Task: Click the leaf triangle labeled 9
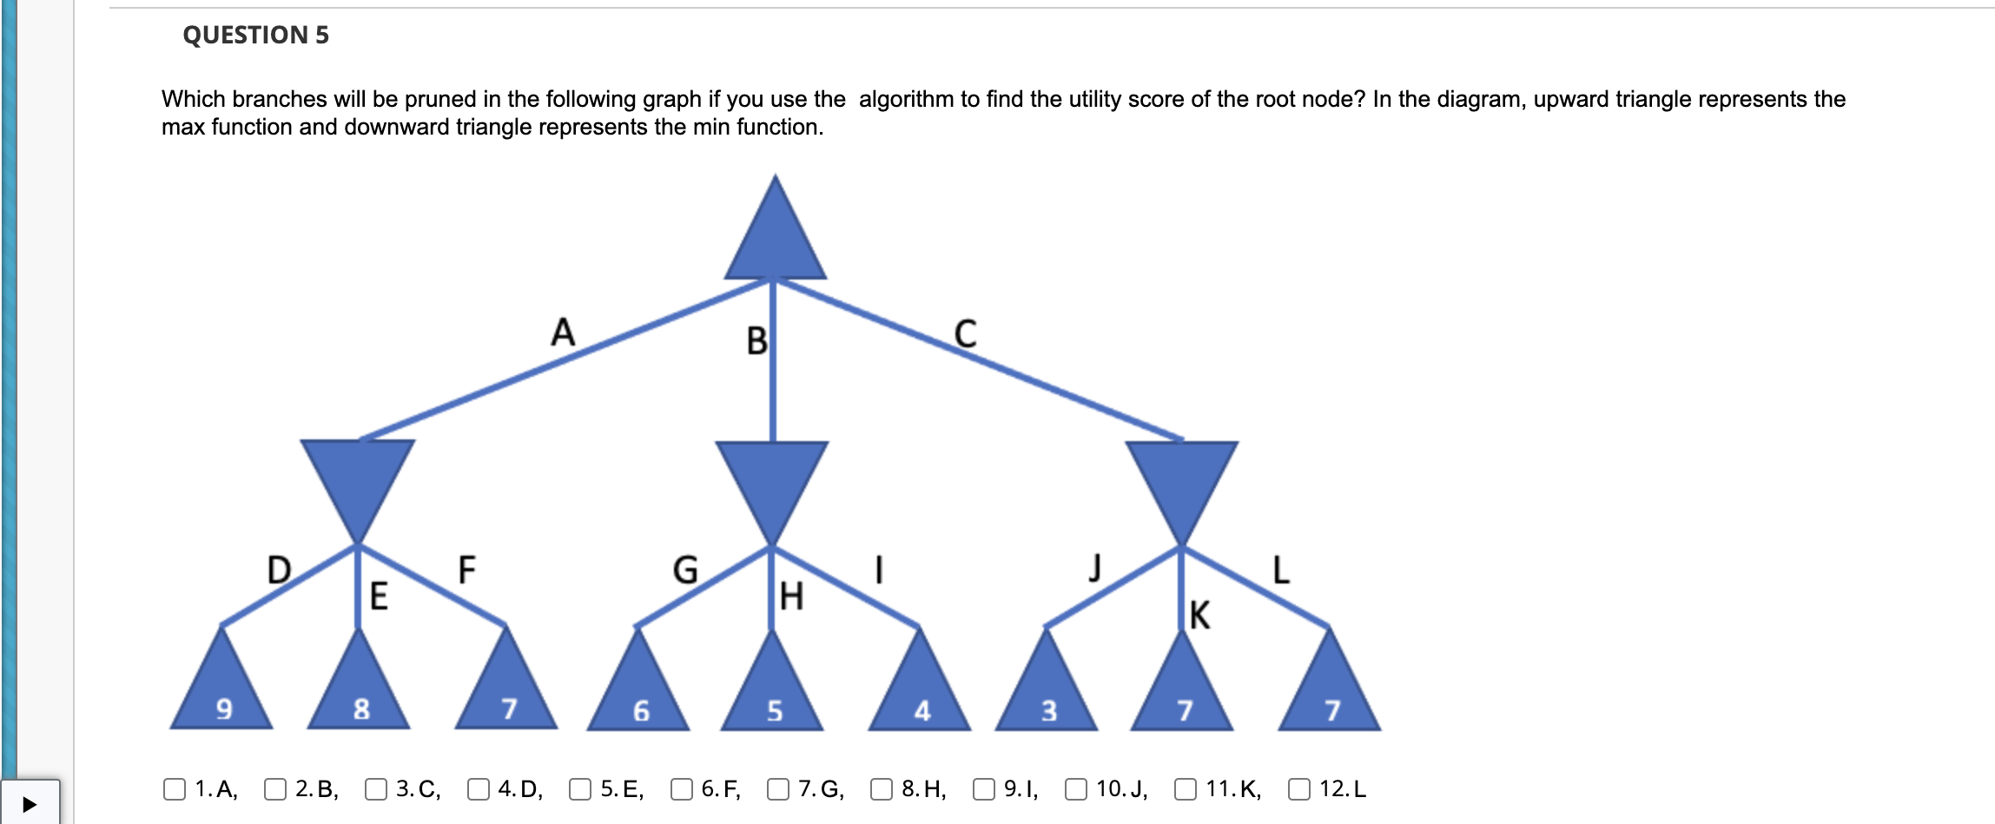click(222, 690)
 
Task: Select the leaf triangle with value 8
click(359, 690)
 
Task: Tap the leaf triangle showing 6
click(639, 692)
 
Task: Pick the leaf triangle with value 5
click(773, 692)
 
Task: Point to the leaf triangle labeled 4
click(920, 692)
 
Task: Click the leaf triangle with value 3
click(1047, 692)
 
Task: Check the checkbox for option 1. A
click(175, 788)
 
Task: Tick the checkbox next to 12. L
click(1299, 788)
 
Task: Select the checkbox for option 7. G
click(778, 788)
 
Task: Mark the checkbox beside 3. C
click(376, 788)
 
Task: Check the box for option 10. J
click(1076, 788)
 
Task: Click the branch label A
click(563, 332)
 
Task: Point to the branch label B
click(756, 341)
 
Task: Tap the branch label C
click(965, 333)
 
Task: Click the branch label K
click(1199, 615)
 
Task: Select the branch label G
click(685, 570)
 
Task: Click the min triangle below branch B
click(772, 482)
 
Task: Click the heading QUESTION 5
click(255, 35)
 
